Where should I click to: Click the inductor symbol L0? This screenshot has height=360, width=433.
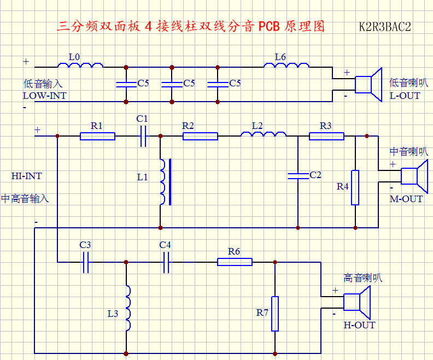pos(80,66)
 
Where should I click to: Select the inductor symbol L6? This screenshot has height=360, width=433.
pos(286,66)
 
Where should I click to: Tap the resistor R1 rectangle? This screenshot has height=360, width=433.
pos(97,136)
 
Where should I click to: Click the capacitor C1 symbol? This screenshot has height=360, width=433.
pos(143,136)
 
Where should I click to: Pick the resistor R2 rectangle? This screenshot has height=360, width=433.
pos(200,136)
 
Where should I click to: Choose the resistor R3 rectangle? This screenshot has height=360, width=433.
pos(326,136)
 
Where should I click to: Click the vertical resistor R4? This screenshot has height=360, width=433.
pos(355,187)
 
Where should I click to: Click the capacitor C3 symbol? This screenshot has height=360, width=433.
pos(85,262)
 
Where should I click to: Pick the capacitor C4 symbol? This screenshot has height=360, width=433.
pos(166,262)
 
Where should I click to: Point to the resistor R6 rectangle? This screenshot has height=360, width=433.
pos(235,262)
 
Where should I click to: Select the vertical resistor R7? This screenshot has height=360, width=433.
pos(275,314)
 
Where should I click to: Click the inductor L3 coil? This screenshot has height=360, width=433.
pos(127,308)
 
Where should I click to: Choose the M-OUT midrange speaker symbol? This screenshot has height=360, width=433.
pos(414,176)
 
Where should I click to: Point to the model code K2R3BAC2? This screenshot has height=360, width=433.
pos(385,27)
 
